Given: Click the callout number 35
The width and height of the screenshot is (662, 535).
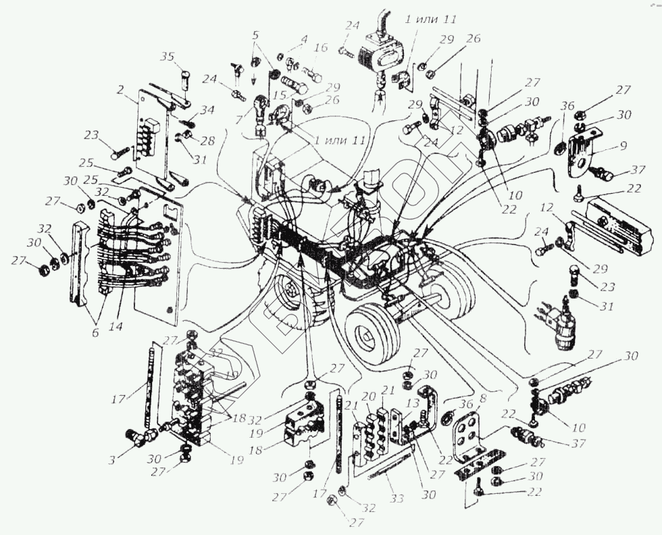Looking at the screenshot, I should point(165,57).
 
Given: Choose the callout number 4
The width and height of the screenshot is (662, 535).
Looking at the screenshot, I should point(304,39).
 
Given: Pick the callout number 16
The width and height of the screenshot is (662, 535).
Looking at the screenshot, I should point(320,48).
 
